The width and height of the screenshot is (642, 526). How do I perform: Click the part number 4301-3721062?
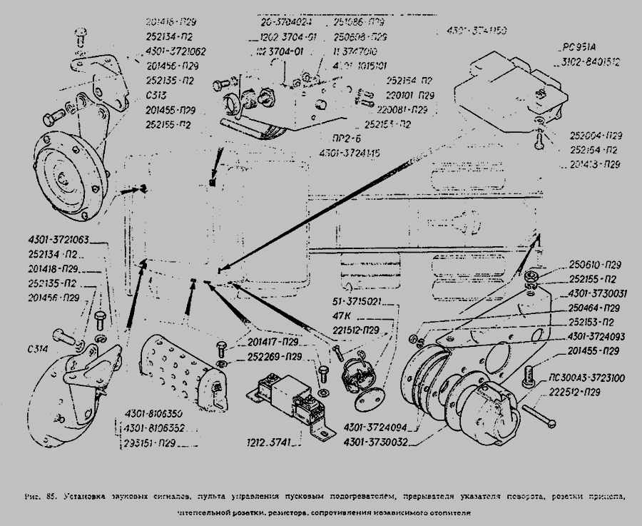point(175,51)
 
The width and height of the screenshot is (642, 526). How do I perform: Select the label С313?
point(156,95)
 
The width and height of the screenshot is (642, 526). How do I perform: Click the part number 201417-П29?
point(274,342)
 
